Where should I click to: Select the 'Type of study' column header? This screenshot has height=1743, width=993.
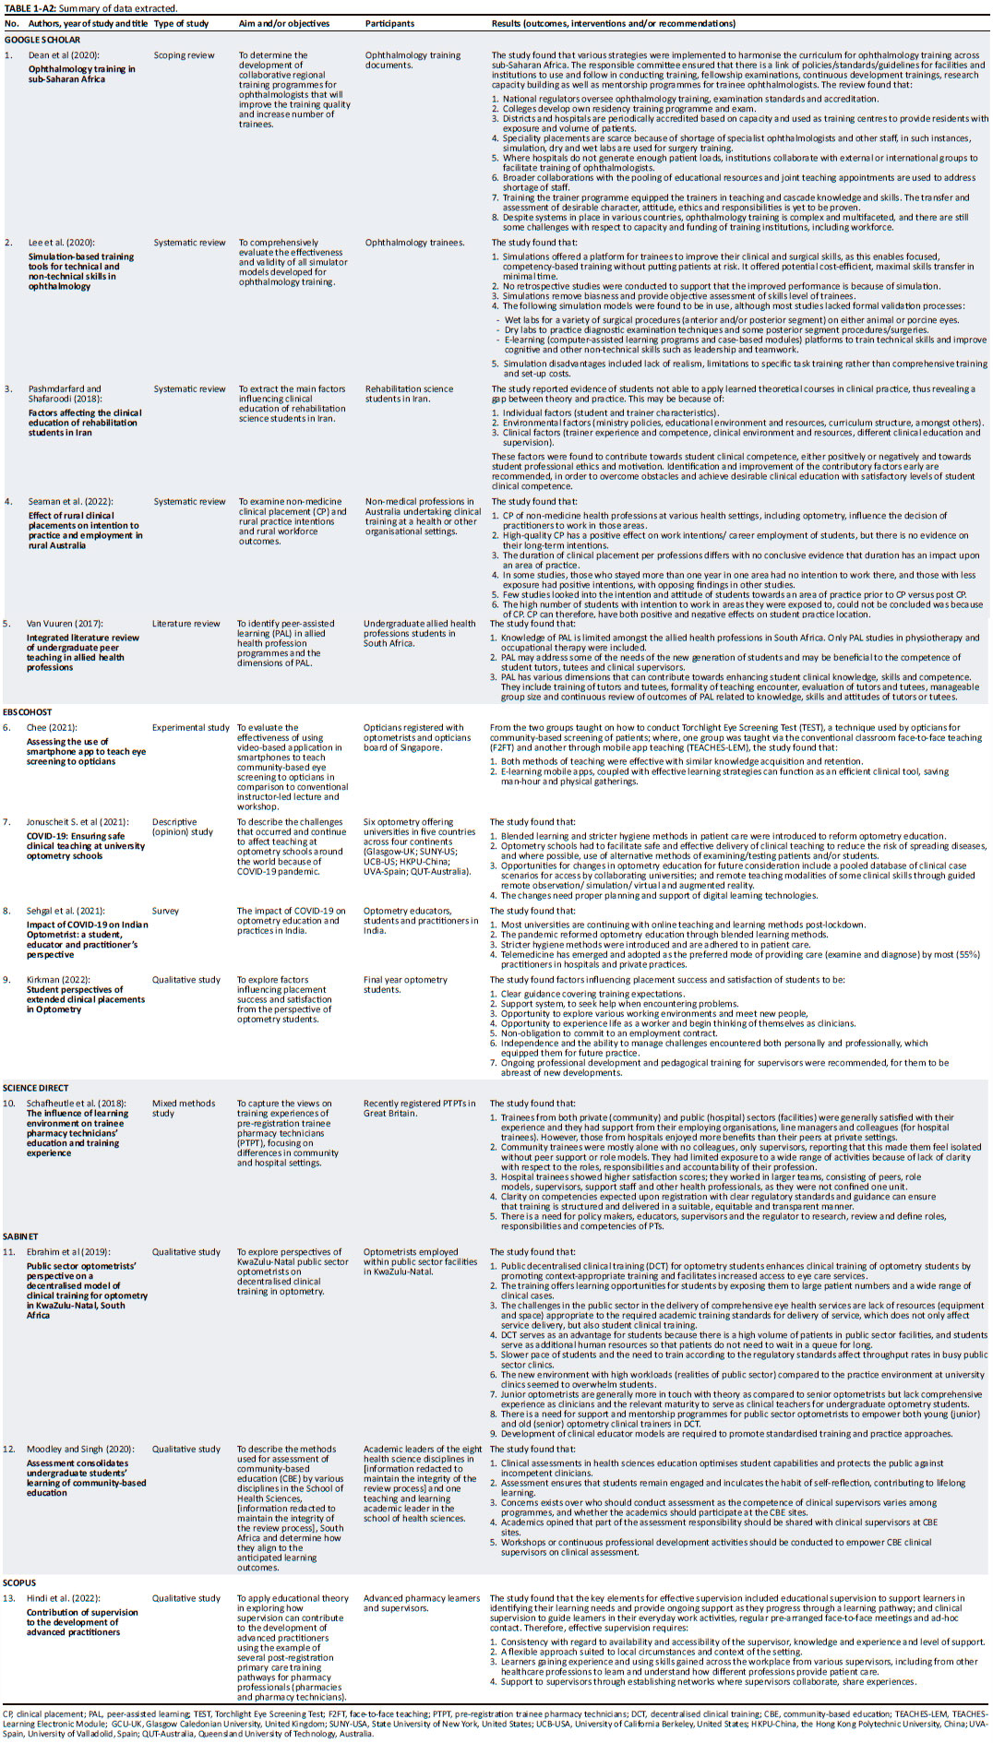[x=181, y=23]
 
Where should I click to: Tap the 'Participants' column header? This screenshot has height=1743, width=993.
[x=389, y=23]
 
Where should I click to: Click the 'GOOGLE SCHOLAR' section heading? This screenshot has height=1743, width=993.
[x=42, y=40]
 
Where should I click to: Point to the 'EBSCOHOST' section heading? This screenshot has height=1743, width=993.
[x=28, y=712]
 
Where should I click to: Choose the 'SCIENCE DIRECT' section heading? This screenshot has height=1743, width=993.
[x=36, y=1088]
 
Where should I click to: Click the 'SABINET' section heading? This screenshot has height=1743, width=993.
[x=21, y=1236]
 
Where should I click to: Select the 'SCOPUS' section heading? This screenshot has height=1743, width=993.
[x=19, y=1582]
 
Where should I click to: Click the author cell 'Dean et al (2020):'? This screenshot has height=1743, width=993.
[x=63, y=55]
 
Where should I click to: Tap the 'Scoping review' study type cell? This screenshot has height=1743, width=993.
[x=184, y=55]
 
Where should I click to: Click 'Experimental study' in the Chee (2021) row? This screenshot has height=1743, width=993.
[x=191, y=727]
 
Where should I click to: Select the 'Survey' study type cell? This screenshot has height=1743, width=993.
[x=165, y=911]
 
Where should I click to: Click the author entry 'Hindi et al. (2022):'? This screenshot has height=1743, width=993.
[x=64, y=1598]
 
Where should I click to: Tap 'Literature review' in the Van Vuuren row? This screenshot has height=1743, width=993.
[x=186, y=624]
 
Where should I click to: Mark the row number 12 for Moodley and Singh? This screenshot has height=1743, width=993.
[x=9, y=1449]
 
